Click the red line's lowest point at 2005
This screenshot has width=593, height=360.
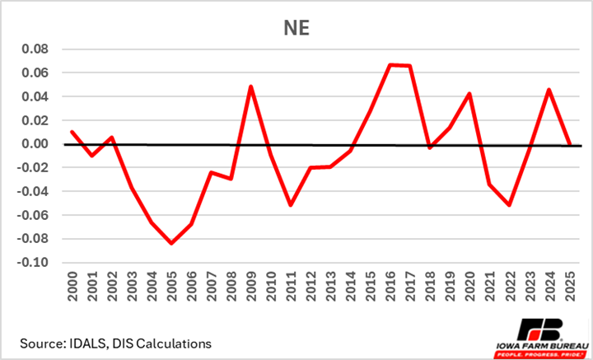pyautogui.click(x=171, y=243)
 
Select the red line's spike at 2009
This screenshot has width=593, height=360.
pyautogui.click(x=250, y=86)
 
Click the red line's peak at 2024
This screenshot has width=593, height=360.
pyautogui.click(x=549, y=90)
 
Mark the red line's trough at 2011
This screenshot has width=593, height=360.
pyautogui.click(x=291, y=204)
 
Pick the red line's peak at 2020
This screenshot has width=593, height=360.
pyautogui.click(x=469, y=94)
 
